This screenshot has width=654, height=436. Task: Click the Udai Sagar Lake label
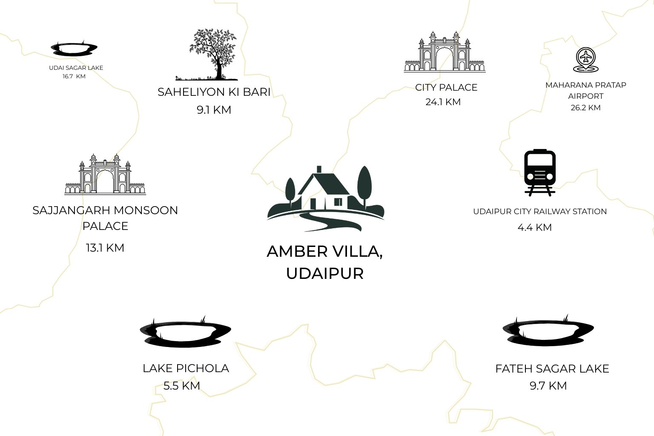[76, 68]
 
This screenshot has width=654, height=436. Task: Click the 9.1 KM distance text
[214, 110]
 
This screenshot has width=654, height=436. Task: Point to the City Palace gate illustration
[445, 52]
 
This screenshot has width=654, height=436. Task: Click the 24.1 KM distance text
[443, 102]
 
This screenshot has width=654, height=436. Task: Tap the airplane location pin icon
[586, 60]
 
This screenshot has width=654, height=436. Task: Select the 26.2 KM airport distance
[586, 108]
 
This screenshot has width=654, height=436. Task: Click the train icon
[540, 172]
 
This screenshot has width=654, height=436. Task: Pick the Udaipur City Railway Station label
[540, 212]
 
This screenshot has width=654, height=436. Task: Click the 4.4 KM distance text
[535, 227]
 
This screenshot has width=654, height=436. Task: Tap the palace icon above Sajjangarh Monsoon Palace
[105, 174]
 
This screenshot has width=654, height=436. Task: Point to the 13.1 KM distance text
[105, 248]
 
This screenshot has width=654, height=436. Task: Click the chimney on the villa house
[319, 169]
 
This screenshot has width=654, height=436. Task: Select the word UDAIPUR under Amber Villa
[325, 274]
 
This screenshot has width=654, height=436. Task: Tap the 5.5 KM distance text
[182, 386]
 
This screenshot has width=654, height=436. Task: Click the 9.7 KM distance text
[548, 386]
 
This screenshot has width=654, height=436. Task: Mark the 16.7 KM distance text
[74, 77]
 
